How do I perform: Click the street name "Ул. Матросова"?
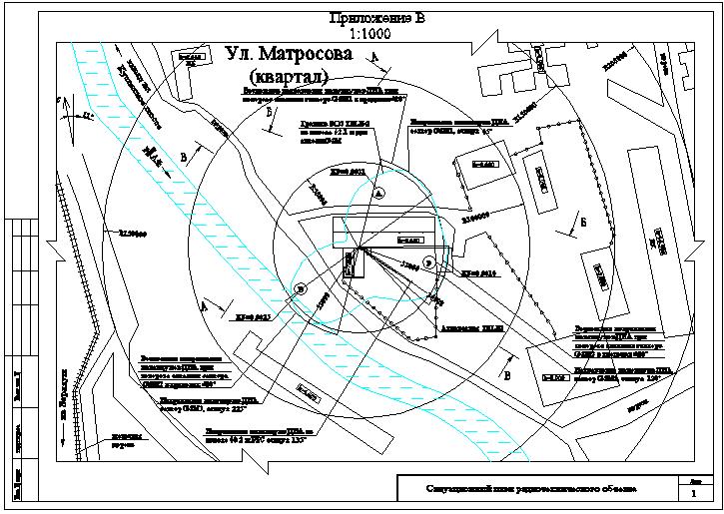point(289,54)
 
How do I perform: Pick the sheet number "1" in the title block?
point(694,494)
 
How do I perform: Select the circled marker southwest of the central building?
point(303,287)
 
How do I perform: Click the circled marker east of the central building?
point(429,262)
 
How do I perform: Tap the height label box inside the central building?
point(410,241)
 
